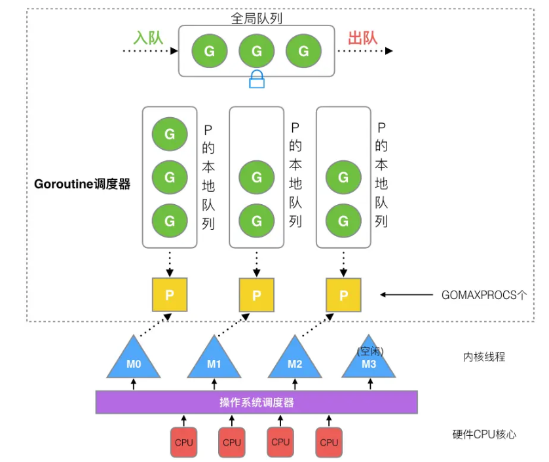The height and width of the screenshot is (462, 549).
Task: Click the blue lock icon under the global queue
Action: point(257,79)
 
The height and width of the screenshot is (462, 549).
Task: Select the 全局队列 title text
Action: point(256,18)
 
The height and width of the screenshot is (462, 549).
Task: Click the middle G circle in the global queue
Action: point(256,50)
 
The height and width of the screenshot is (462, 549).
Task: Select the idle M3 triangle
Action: point(369,362)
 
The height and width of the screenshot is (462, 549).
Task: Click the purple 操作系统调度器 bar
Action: point(256,402)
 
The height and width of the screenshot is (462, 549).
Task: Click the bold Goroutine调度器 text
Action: point(82,184)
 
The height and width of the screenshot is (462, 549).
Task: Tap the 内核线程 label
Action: point(484,357)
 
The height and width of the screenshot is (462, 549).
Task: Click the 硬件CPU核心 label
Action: point(484,434)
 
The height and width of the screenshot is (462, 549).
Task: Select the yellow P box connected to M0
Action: point(170,295)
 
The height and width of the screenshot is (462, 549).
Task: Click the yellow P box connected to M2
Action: point(343,295)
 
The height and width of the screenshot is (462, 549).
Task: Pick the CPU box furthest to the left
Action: point(184,442)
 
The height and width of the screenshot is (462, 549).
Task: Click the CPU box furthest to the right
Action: point(329,442)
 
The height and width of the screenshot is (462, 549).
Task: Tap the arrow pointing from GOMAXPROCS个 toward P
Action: point(406,295)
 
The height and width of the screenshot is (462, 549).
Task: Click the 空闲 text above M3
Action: point(370,351)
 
